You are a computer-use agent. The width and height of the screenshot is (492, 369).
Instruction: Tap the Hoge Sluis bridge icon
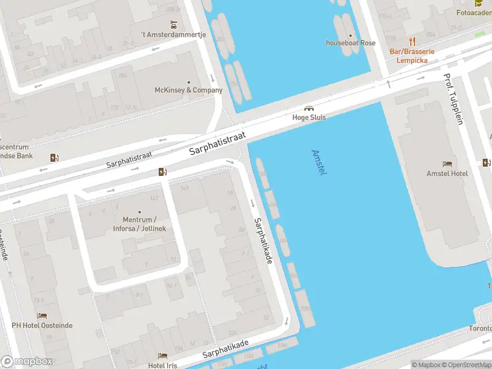309,108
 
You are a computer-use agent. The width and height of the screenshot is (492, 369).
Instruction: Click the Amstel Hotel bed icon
447,164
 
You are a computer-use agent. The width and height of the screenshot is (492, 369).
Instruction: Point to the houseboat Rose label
350,43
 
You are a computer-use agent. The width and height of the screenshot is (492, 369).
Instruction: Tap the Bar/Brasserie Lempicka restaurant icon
412,41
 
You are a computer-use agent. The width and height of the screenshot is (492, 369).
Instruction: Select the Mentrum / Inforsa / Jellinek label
140,224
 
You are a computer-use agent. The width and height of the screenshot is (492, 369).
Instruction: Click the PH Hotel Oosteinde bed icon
42,315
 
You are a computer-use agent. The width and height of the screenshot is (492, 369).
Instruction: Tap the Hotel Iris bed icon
162,355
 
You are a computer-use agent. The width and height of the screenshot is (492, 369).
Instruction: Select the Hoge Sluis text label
309,117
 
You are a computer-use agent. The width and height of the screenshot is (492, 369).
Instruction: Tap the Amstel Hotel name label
447,173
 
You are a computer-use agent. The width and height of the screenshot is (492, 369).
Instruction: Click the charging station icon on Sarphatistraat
162,172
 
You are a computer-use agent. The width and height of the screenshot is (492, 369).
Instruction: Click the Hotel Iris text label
162,365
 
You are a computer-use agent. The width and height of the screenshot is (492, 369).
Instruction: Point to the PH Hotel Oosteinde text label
42,325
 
